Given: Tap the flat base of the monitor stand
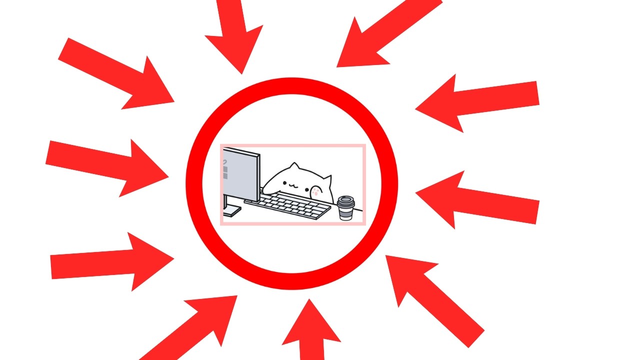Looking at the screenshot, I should (x=231, y=212).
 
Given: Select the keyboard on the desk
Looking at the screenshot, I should (x=290, y=205).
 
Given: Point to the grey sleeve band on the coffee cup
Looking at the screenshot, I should (x=345, y=210).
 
